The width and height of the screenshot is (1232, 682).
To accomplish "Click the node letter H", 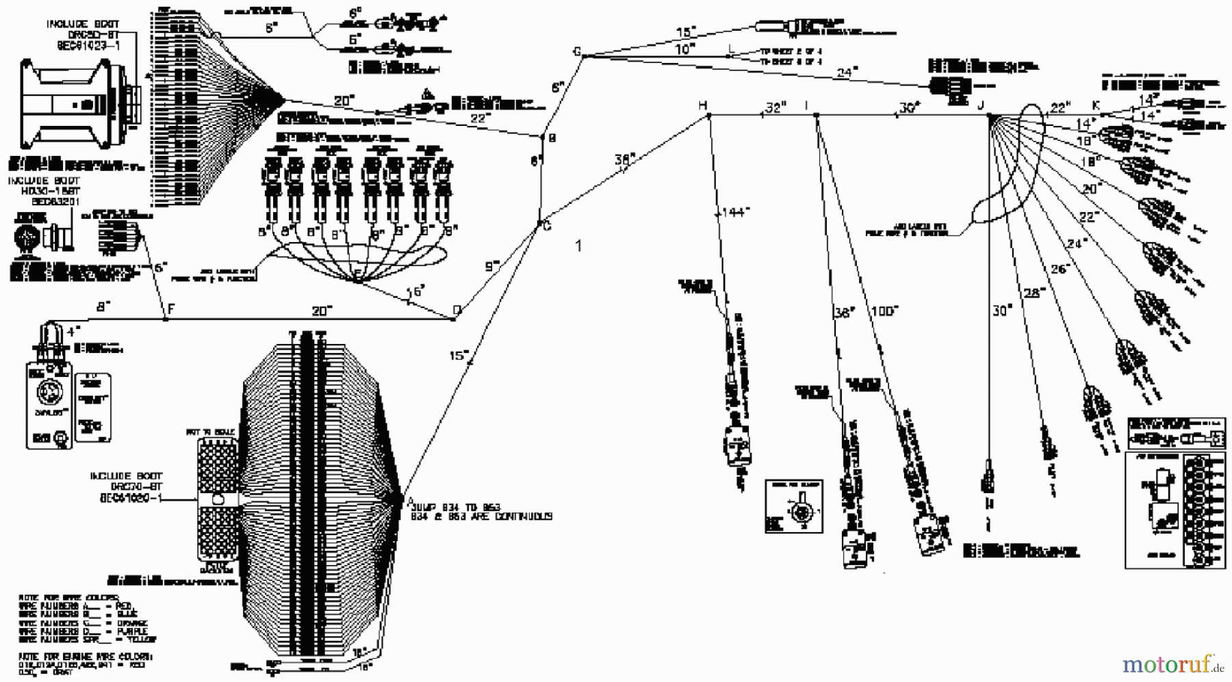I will click(702, 105).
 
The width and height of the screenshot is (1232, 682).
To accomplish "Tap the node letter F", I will click(171, 309).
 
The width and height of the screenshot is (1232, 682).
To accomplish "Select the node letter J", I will click(981, 105).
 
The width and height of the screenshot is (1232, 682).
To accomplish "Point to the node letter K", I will click(1096, 105).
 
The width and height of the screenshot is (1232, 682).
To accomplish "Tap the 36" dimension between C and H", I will click(624, 159).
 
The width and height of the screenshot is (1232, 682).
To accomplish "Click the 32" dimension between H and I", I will click(775, 107).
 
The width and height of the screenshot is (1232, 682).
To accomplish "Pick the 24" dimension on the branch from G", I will click(847, 72).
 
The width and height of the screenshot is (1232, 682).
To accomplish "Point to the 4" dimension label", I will click(73, 332).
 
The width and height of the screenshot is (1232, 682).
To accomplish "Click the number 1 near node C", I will click(579, 246).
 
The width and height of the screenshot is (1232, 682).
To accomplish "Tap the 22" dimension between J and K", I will click(1059, 107).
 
